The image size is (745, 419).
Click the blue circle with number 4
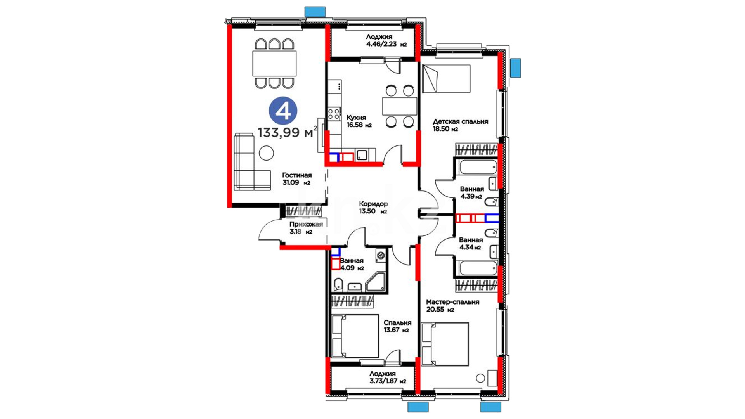click(283, 111)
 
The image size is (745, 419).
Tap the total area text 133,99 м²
click(287, 132)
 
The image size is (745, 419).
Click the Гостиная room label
click(297, 179)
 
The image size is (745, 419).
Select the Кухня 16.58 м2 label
click(359, 121)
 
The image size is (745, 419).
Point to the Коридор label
click(373, 208)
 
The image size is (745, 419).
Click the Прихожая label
click(306, 228)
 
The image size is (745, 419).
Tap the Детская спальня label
click(461, 125)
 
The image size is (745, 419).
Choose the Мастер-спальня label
click(452, 306)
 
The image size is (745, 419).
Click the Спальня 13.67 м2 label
click(397, 326)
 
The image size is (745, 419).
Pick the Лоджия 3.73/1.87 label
click(388, 377)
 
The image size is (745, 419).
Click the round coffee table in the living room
click(266, 153)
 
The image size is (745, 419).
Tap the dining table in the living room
click(274, 63)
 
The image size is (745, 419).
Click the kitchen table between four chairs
click(399, 106)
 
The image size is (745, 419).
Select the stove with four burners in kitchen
click(334, 114)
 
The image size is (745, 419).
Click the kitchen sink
click(362, 156)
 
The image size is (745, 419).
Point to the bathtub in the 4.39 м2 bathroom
click(478, 168)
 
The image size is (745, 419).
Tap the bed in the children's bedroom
click(446, 79)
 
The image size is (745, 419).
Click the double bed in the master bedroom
click(445, 344)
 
